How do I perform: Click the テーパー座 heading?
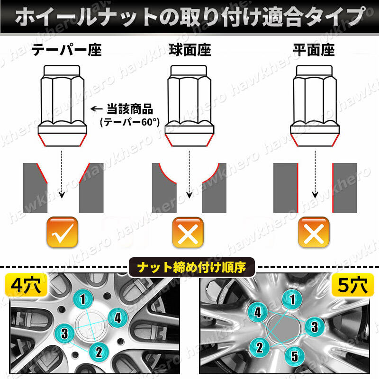click(x=66, y=50)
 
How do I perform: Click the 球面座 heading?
click(x=190, y=50)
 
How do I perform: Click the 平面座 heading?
click(x=314, y=50)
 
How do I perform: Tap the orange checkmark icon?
click(x=63, y=232)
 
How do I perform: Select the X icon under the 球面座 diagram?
click(x=188, y=232)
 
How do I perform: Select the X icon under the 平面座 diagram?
click(x=314, y=232)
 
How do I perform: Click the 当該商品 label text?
click(x=130, y=109)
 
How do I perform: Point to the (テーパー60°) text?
click(x=130, y=122)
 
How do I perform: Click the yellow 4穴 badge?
click(x=26, y=285)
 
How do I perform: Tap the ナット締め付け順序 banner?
click(x=191, y=267)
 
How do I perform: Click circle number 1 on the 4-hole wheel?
click(x=83, y=299)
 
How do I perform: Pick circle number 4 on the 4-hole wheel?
click(x=117, y=318)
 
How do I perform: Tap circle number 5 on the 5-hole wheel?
click(x=294, y=356)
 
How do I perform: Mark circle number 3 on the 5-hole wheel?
click(x=315, y=327)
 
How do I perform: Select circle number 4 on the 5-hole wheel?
click(x=258, y=312)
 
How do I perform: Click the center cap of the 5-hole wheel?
click(x=284, y=328)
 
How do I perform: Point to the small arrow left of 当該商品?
click(x=97, y=109)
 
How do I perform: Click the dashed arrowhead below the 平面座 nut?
click(x=315, y=195)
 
